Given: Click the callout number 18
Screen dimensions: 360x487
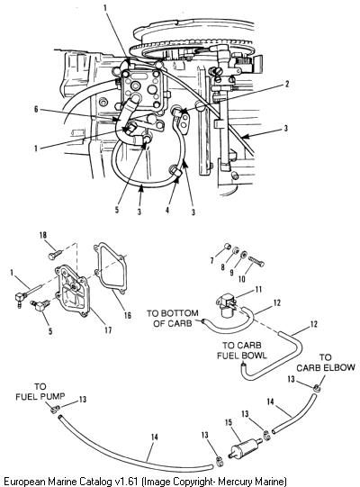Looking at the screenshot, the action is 43,235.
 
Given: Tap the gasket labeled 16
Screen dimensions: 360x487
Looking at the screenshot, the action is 111,268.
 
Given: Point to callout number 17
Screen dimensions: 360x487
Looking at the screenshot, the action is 108,329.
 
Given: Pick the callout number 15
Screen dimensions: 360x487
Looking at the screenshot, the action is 229,423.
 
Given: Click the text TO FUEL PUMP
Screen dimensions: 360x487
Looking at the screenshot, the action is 40,392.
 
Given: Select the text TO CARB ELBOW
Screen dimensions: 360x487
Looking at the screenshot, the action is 326,363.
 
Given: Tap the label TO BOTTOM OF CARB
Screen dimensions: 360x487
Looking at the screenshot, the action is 173,318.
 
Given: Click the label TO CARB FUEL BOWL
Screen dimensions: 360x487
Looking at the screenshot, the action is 242,350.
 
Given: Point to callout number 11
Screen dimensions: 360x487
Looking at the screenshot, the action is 258,290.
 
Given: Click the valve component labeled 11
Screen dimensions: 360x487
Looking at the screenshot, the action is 227,306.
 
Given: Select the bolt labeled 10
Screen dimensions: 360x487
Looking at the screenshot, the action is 256,262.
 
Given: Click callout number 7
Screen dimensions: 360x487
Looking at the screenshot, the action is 212,260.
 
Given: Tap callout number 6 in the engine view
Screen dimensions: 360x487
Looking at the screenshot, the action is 36,109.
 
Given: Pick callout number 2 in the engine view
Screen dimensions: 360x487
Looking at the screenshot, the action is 287,84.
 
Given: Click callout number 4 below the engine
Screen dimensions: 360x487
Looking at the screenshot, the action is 167,210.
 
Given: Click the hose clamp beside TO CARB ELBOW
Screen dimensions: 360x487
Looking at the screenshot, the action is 316,387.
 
